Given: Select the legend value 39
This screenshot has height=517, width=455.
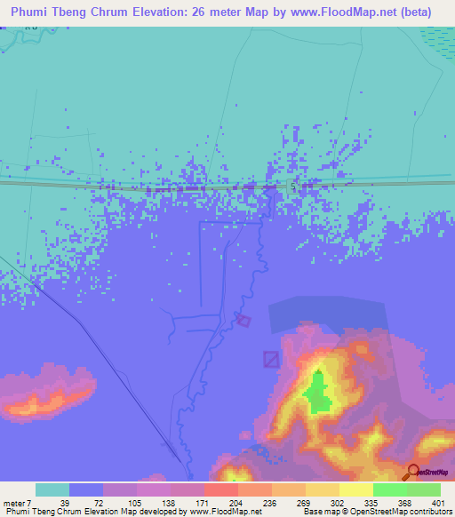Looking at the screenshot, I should click(x=64, y=502).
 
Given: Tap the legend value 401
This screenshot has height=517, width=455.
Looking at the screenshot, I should click(x=438, y=502).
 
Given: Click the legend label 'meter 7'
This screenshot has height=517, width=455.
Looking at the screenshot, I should click(x=18, y=502).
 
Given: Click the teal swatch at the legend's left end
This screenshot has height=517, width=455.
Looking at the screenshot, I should click(x=52, y=489).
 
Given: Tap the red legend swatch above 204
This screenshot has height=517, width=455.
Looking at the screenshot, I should click(x=220, y=489).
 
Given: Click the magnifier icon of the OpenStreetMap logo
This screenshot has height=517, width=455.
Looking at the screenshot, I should click(x=412, y=472).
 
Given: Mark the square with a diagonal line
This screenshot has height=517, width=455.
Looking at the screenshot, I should click(x=272, y=359).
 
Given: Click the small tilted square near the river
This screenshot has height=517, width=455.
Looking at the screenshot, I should click(x=243, y=320).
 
